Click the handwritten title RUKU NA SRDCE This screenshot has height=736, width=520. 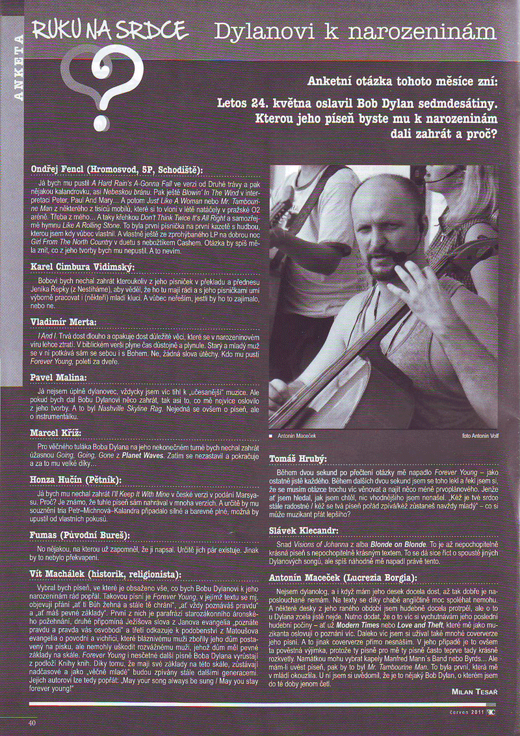(x=109, y=30)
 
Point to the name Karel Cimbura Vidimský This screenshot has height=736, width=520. (x=82, y=267)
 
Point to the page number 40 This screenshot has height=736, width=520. (x=31, y=722)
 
